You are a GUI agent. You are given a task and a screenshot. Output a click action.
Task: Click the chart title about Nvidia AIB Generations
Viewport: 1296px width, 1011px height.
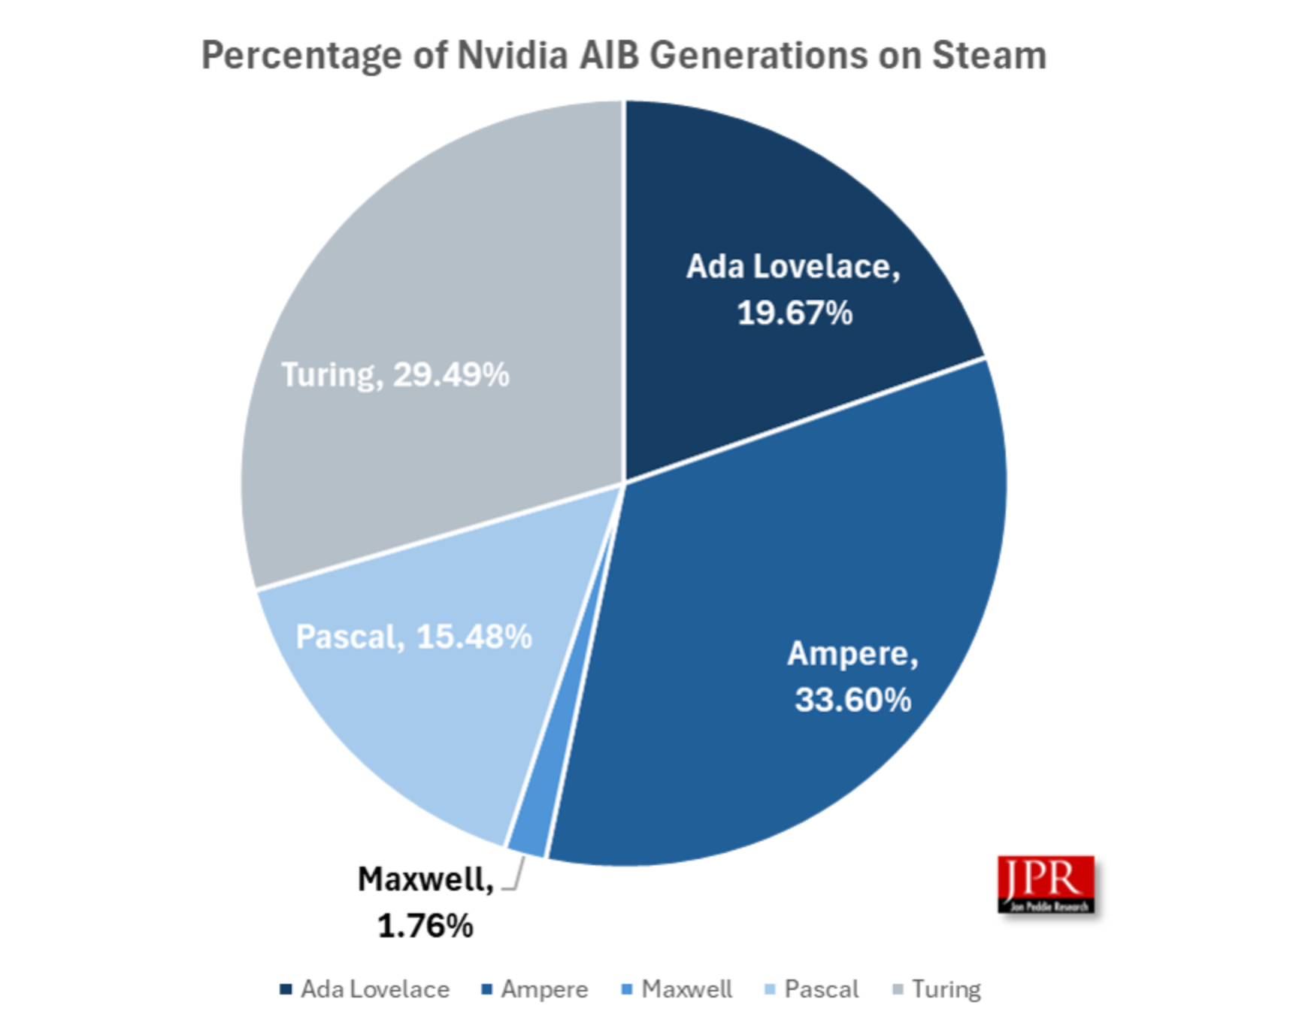pos(623,56)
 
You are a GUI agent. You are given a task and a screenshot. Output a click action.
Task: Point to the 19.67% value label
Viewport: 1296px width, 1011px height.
pos(795,313)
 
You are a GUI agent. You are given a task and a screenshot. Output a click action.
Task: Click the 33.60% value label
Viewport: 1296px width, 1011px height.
pos(852,701)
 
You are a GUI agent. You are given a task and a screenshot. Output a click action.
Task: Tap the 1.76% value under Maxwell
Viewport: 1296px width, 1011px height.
pos(425,926)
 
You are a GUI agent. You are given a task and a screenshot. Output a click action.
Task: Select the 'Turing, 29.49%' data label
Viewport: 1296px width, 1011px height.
pos(395,374)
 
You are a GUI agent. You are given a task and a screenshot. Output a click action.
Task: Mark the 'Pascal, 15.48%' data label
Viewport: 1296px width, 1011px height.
pos(413,637)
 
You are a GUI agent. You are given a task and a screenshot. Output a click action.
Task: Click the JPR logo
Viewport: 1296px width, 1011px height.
pos(1046,884)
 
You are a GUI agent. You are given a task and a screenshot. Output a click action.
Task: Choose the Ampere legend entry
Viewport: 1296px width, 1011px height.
pos(535,989)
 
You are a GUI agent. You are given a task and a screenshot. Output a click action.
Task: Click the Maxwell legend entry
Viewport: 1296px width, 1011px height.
pos(677,989)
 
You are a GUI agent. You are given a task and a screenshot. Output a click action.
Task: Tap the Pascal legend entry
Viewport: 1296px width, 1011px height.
pos(811,989)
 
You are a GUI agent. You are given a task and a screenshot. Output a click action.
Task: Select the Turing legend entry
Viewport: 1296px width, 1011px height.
pos(937,989)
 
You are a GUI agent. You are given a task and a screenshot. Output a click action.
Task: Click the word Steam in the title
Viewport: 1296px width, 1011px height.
pos(989,56)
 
